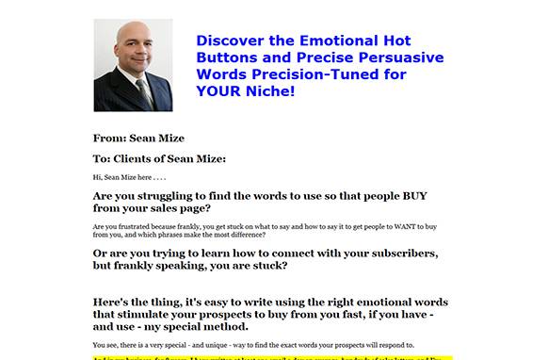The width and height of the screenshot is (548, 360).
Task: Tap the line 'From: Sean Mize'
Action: tap(138, 139)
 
